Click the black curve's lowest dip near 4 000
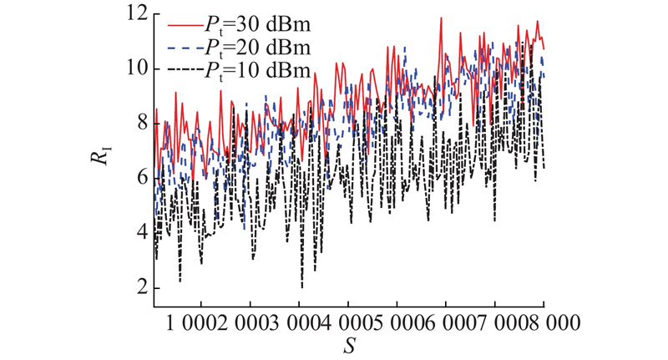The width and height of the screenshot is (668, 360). coord(302,286)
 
